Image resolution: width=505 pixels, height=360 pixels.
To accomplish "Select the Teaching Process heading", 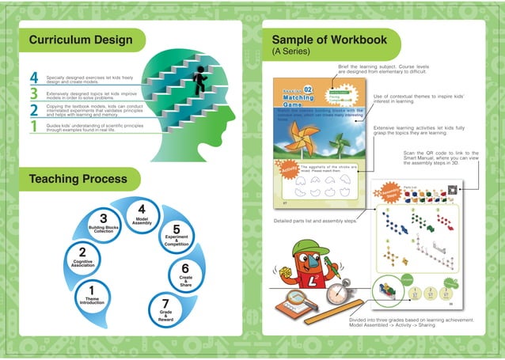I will click(x=78, y=179).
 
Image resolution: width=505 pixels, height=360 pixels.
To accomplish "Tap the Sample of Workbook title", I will click(x=328, y=40).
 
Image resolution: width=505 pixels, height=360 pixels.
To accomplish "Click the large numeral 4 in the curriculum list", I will click(x=34, y=77).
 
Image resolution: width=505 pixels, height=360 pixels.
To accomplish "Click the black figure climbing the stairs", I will click(x=199, y=78).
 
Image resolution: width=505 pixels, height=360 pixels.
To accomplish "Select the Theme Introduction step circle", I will click(x=93, y=295).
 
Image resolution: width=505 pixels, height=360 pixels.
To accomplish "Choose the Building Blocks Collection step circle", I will click(x=104, y=225).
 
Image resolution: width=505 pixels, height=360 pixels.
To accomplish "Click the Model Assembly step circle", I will click(x=142, y=216).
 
